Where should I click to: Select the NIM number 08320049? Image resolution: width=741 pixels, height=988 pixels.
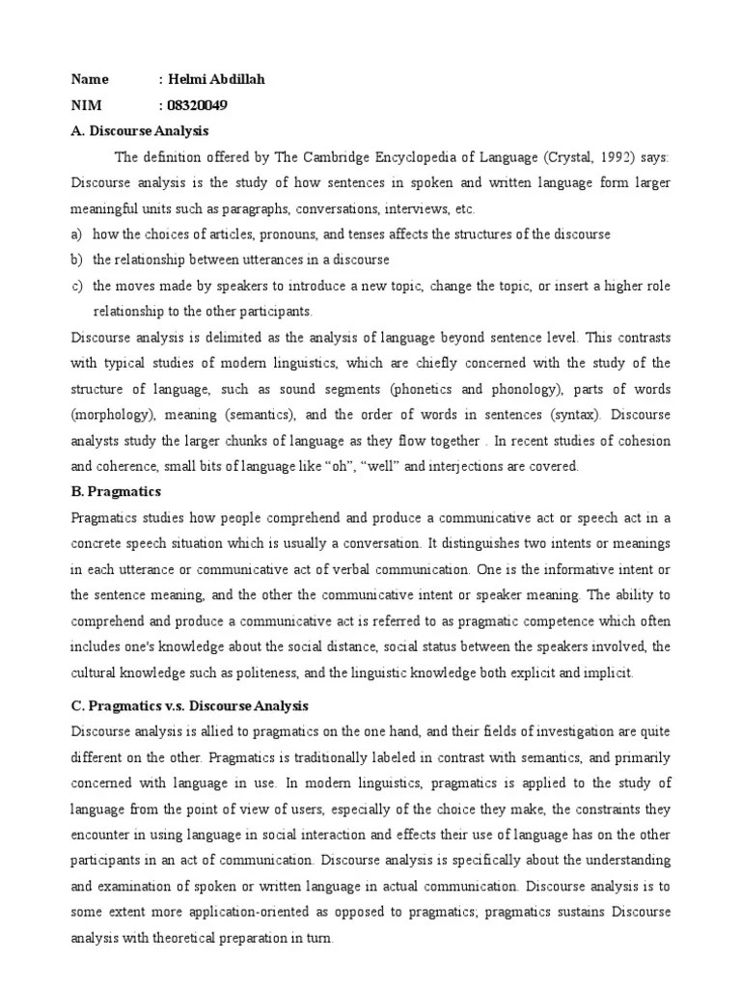pyautogui.click(x=200, y=104)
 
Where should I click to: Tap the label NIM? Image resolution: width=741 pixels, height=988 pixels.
pyautogui.click(x=86, y=104)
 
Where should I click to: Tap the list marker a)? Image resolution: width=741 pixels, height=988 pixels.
pyautogui.click(x=77, y=234)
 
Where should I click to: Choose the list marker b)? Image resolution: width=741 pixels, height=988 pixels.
pyautogui.click(x=77, y=261)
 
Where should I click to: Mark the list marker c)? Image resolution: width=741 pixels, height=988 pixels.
pyautogui.click(x=77, y=287)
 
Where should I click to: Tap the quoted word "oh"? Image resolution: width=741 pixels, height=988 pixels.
pyautogui.click(x=336, y=467)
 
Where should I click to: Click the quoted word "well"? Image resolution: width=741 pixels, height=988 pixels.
pyautogui.click(x=383, y=467)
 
